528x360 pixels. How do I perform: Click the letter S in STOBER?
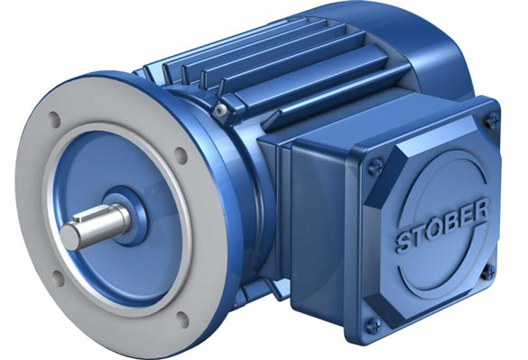coord(403,242)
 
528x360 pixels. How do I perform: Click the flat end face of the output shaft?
coord(70,236)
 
